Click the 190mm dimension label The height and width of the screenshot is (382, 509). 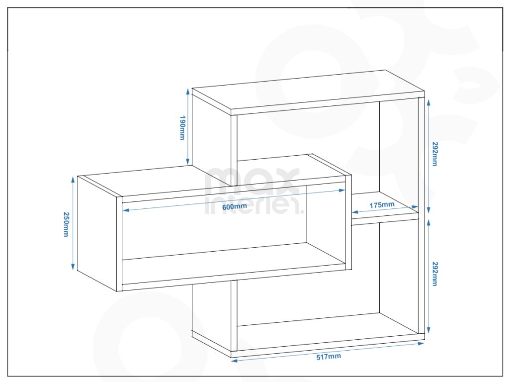tap(182, 128)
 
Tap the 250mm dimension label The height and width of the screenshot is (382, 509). tap(66, 224)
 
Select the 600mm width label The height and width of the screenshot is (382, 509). tap(235, 206)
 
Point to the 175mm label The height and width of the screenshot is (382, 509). tap(382, 204)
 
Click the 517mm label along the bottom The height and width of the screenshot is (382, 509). tap(329, 357)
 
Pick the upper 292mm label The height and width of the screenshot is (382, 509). tap(435, 154)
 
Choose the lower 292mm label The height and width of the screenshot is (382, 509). tap(435, 274)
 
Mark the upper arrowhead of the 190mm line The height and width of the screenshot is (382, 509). tap(187, 91)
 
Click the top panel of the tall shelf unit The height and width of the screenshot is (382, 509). tap(308, 92)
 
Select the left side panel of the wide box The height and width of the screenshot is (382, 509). tap(97, 233)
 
